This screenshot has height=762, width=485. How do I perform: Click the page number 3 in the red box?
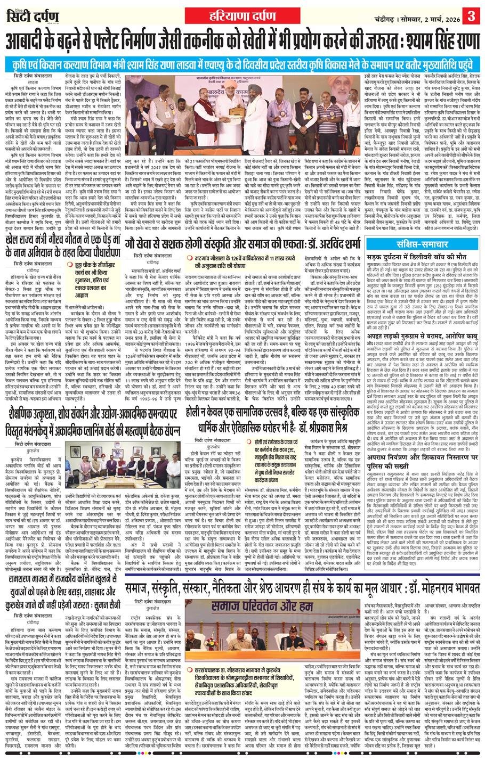[x=472, y=13]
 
